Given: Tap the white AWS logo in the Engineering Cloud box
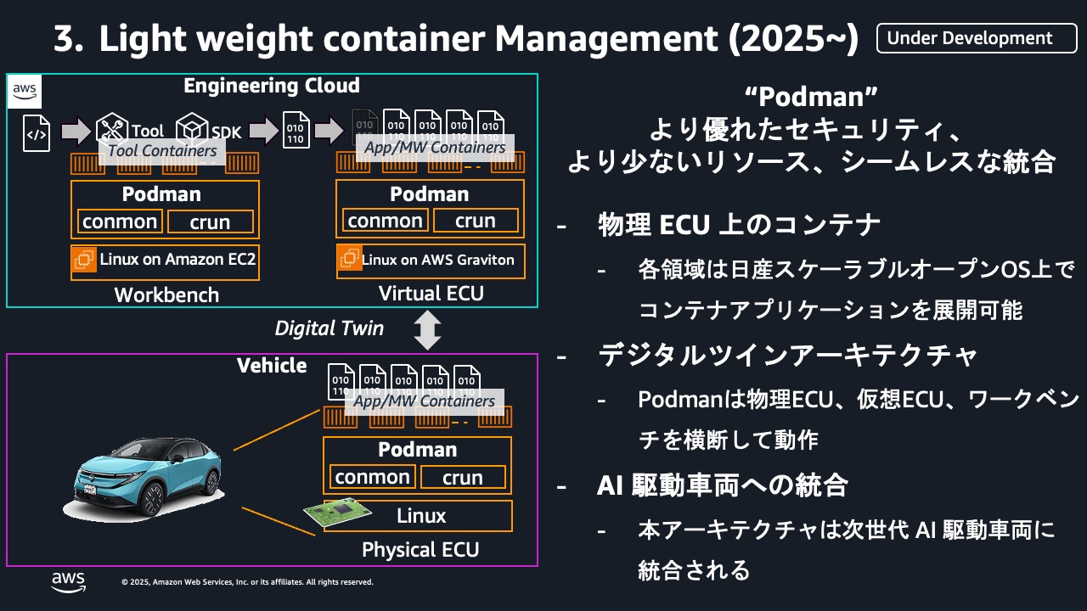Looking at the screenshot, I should [24, 92].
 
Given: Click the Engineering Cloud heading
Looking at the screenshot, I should [272, 86].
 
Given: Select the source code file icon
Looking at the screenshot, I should [37, 132].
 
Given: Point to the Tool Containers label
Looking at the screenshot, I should [162, 151].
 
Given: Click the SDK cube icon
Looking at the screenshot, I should [193, 130].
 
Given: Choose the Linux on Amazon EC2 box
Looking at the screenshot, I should [165, 261].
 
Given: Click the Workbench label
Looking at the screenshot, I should [166, 294].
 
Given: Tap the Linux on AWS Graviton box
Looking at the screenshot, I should [430, 260].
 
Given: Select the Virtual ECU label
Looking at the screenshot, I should [431, 294].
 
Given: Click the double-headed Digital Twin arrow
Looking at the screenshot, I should [427, 330].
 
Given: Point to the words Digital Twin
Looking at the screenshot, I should [329, 328].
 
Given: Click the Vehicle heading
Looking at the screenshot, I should [272, 366].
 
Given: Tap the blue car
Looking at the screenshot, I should [144, 475].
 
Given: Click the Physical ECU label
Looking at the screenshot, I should [420, 550].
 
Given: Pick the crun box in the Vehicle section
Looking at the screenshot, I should [463, 477].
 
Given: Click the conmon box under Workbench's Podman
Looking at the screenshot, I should [120, 221].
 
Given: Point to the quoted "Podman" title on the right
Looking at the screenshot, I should [809, 98].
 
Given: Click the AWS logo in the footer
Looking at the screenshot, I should [68, 580].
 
